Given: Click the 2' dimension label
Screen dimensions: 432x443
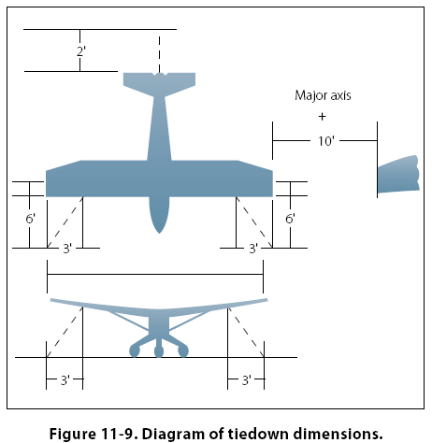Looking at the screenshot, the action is tap(81, 51).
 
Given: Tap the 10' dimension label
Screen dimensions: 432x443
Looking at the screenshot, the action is tap(325, 141).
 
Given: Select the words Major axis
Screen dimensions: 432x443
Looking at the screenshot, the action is tap(323, 95).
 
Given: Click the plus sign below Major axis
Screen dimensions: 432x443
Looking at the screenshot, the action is tap(322, 117).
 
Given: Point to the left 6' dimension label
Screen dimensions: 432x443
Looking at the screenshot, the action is tap(30, 219).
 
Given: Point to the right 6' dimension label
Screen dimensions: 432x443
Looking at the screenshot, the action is tap(290, 219).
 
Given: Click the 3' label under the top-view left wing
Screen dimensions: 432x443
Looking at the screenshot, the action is tap(67, 249).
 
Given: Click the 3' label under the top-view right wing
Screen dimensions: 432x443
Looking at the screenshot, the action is tap(253, 249).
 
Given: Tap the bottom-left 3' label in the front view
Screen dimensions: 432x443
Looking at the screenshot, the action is tap(65, 380).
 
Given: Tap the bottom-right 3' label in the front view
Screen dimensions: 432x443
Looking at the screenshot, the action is tap(247, 380).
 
